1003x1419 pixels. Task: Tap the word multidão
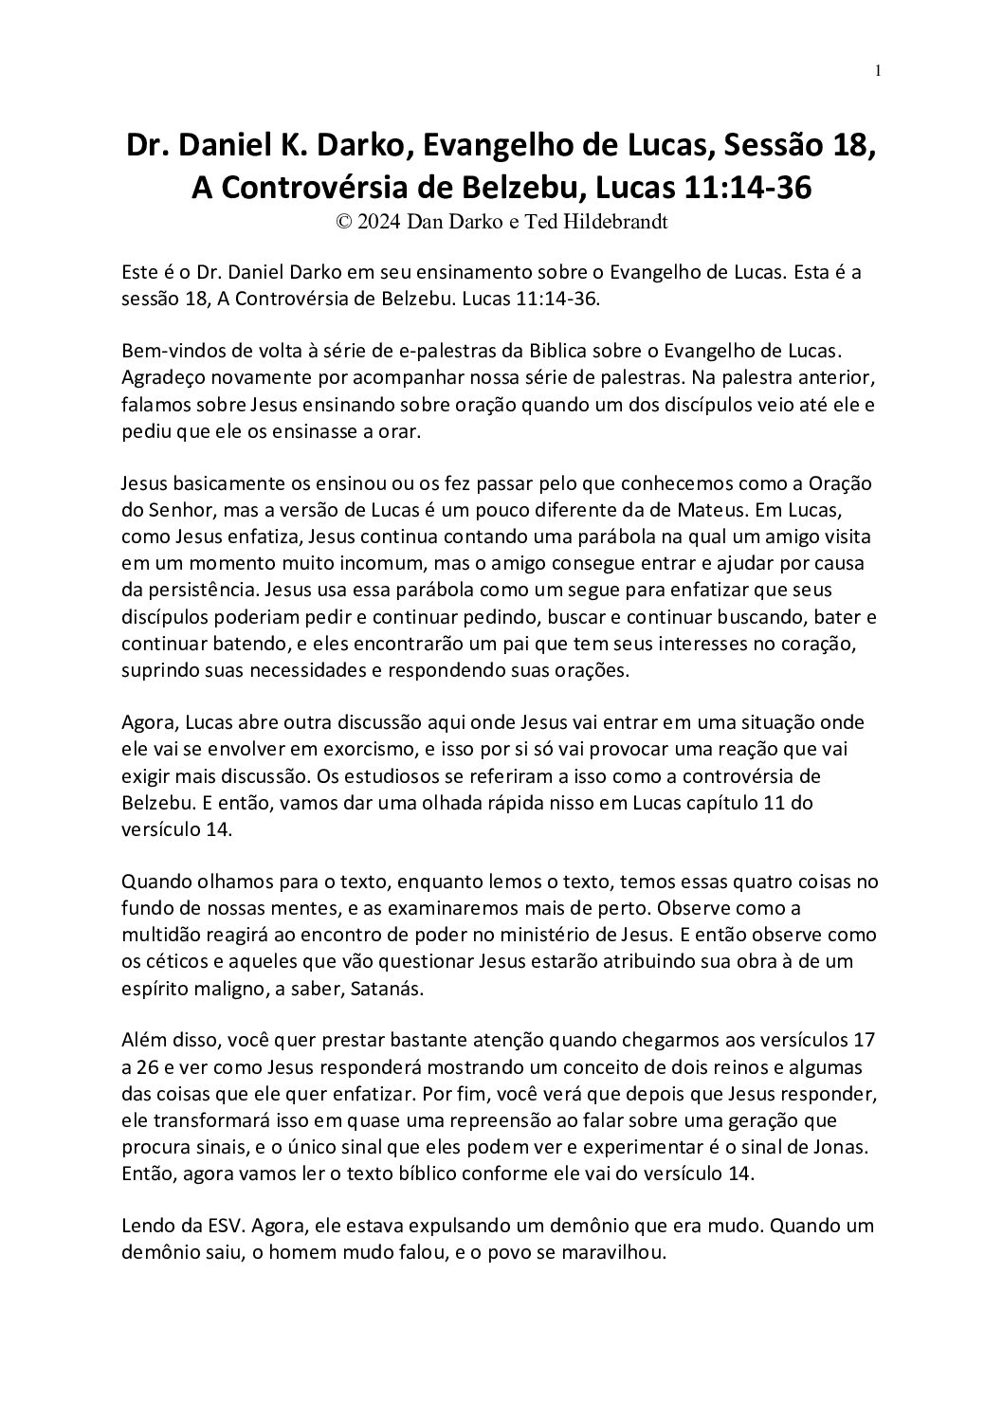click(x=158, y=934)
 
